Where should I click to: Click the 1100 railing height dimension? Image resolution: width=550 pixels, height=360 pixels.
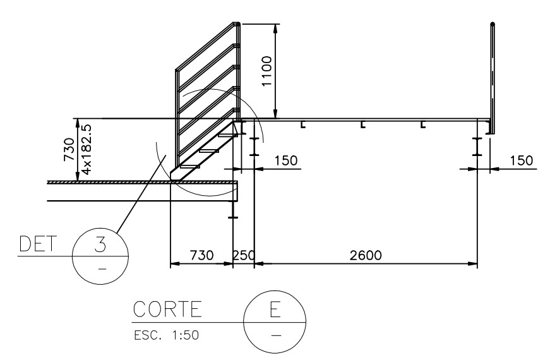[x=267, y=71]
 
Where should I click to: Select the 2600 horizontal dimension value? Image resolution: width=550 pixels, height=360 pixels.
[x=366, y=255]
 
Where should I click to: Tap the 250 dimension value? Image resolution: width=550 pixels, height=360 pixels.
[x=244, y=255]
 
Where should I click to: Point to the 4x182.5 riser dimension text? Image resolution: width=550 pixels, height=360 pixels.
[x=87, y=149]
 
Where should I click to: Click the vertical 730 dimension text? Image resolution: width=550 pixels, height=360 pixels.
[x=69, y=150]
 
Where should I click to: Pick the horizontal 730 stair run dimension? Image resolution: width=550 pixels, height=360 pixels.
[x=201, y=255]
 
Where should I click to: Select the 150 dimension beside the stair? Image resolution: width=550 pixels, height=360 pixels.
[x=286, y=160]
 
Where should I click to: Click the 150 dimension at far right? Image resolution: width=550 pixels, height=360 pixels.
[x=521, y=160]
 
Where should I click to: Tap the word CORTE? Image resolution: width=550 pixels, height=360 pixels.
[x=168, y=309]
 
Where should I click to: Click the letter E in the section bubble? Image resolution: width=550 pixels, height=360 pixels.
[x=275, y=309]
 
